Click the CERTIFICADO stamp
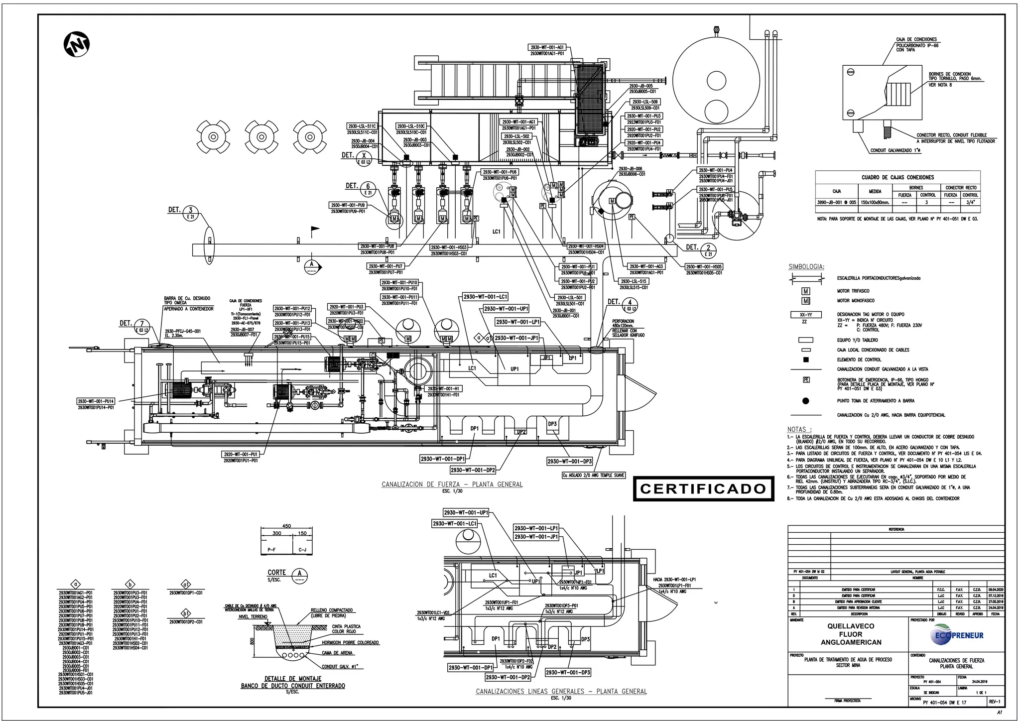(703, 489)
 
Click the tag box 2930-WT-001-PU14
(96, 401)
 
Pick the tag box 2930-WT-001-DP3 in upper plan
(570, 462)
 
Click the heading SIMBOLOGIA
(806, 267)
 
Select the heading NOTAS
(799, 429)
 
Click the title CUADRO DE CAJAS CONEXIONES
(897, 177)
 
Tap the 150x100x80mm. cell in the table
(875, 203)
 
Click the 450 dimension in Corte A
(286, 526)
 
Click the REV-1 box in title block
(994, 702)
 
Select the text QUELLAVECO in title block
(851, 626)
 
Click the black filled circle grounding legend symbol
(805, 401)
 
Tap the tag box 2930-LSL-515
(634, 281)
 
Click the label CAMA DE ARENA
(337, 653)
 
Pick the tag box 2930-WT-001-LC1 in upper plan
(485, 297)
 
